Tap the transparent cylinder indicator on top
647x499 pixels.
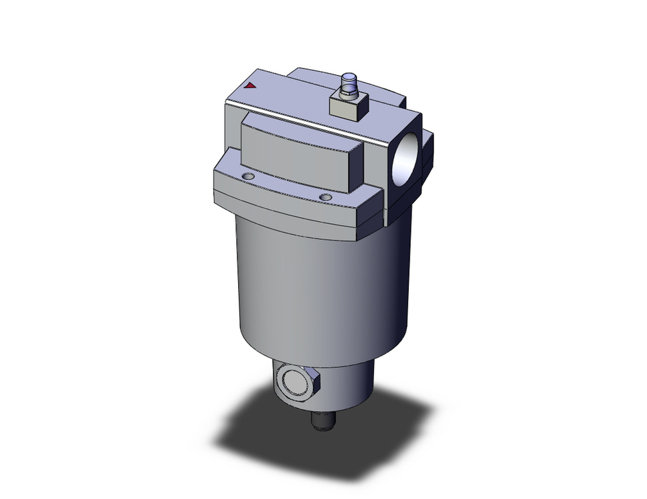tap(351, 83)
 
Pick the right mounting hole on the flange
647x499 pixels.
tap(325, 196)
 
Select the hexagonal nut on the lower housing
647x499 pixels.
tap(294, 386)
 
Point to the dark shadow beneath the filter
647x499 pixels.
tap(323, 446)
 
